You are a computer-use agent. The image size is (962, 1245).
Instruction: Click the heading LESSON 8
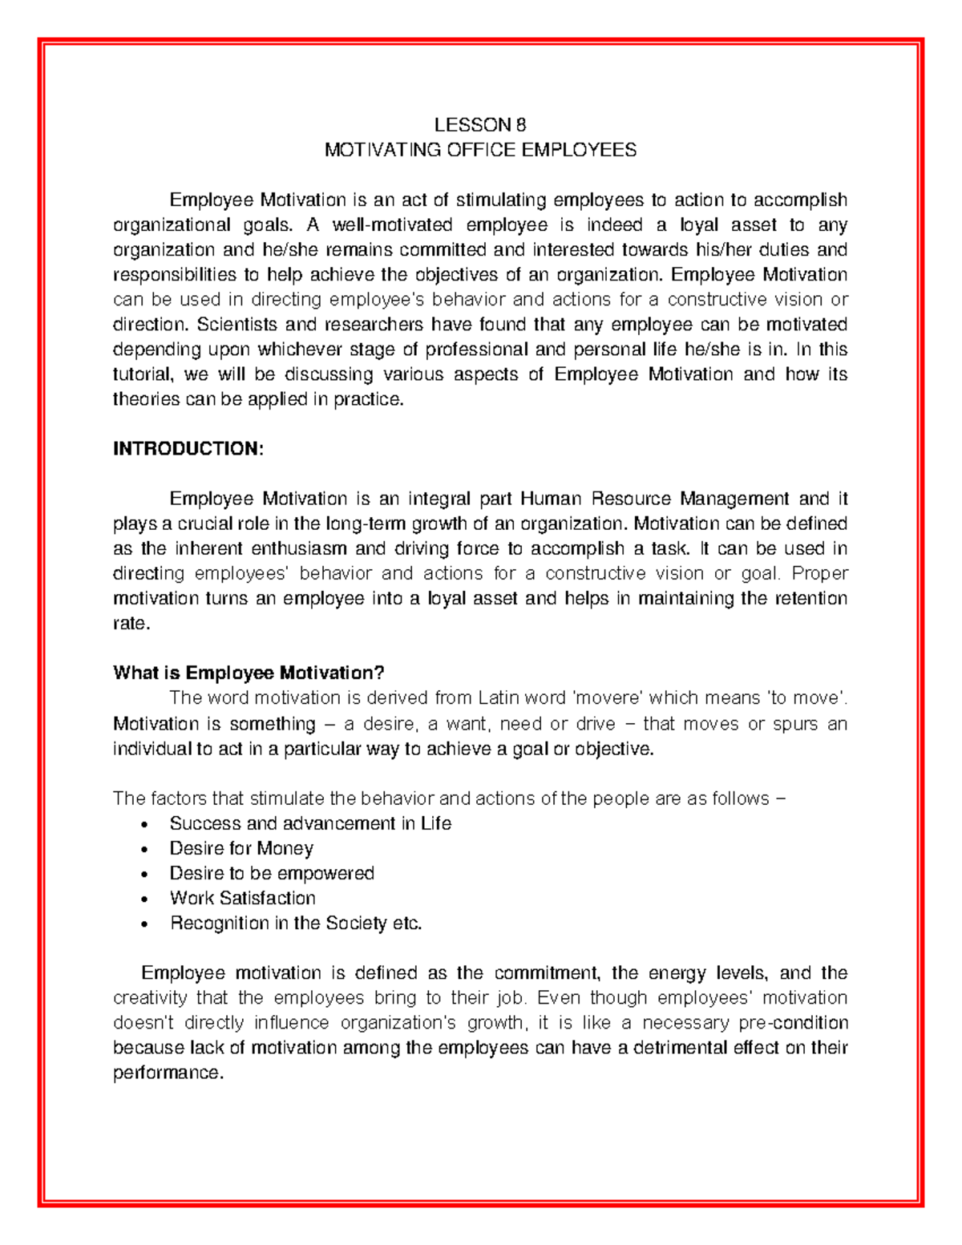pyautogui.click(x=480, y=125)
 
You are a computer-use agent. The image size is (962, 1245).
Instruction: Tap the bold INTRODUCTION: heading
pyautogui.click(x=188, y=449)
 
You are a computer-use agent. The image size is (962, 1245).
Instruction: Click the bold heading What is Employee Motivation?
pyautogui.click(x=249, y=673)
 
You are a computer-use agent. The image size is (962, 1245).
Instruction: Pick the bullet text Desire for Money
pyautogui.click(x=241, y=848)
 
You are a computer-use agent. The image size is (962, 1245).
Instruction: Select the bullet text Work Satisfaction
pyautogui.click(x=242, y=898)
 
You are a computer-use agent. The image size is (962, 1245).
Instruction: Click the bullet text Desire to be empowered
pyautogui.click(x=272, y=873)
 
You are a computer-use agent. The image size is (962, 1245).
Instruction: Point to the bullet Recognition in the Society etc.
pyautogui.click(x=295, y=923)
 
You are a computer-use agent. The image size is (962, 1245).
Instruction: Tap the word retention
pyautogui.click(x=812, y=598)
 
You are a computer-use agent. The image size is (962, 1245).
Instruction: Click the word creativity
pyautogui.click(x=149, y=998)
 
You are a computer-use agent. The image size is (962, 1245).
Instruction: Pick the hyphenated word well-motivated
pyautogui.click(x=392, y=224)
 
